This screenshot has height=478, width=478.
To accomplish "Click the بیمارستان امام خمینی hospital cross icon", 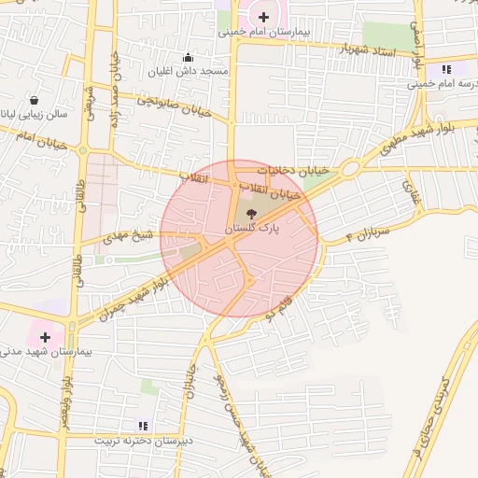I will pos(264,16).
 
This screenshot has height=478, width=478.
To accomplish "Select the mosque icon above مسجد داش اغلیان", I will pos(189,56).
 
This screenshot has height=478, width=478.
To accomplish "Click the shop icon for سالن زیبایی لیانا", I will pos(35,100).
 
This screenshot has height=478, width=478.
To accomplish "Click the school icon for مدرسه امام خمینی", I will pos(447,68).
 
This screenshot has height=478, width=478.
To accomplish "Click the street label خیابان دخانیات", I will pos(295,171).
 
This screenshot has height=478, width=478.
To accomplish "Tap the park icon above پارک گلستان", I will pos(251,213).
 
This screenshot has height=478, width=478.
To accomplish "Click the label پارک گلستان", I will pos(250,228).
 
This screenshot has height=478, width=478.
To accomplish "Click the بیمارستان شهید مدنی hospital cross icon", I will pos(45,335).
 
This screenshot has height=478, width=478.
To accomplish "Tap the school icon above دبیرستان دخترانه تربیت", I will pos(142,425).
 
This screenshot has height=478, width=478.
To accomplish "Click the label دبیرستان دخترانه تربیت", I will pos(148,439).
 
